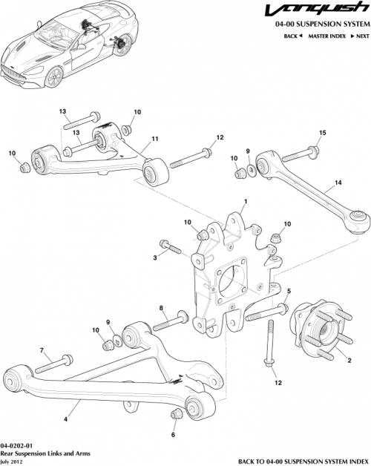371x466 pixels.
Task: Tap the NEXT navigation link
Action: pos(361,36)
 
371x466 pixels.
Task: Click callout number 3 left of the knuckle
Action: pos(156,257)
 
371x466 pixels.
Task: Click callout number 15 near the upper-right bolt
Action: pos(322,133)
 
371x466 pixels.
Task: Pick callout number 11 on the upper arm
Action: pos(156,139)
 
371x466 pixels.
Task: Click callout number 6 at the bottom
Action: pos(174,434)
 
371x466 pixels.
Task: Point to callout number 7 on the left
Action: pos(42,349)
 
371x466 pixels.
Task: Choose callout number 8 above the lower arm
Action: pos(160,307)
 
